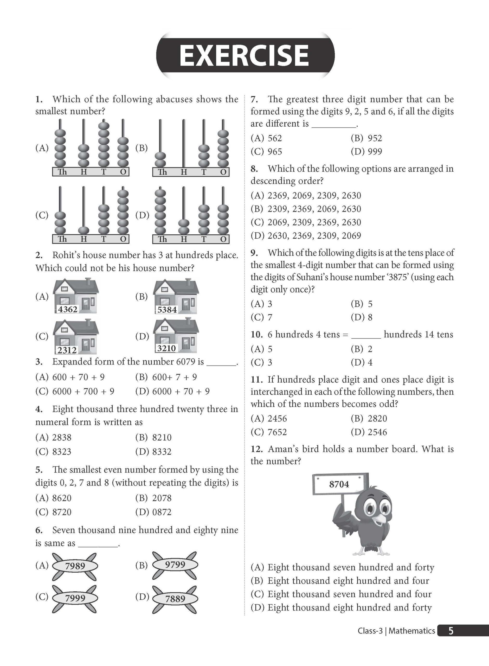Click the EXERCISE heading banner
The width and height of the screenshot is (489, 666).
coord(245,55)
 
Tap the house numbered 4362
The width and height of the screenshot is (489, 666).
coord(75,296)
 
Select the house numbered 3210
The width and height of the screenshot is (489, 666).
coord(176,335)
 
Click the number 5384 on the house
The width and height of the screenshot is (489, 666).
coord(167,310)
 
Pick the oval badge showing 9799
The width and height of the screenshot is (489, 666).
coord(175,565)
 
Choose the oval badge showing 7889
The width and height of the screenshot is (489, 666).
coord(175,599)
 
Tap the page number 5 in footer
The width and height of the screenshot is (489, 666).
coord(451,631)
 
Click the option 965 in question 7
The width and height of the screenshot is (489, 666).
coord(274,152)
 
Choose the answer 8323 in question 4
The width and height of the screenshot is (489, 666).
coord(62,452)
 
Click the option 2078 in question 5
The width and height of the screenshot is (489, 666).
coord(162,498)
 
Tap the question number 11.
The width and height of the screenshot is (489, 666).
coord(257,380)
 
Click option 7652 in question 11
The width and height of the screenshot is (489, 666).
coord(277,432)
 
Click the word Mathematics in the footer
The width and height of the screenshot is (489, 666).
coord(412,631)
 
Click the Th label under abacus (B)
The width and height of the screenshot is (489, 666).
coord(162,172)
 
